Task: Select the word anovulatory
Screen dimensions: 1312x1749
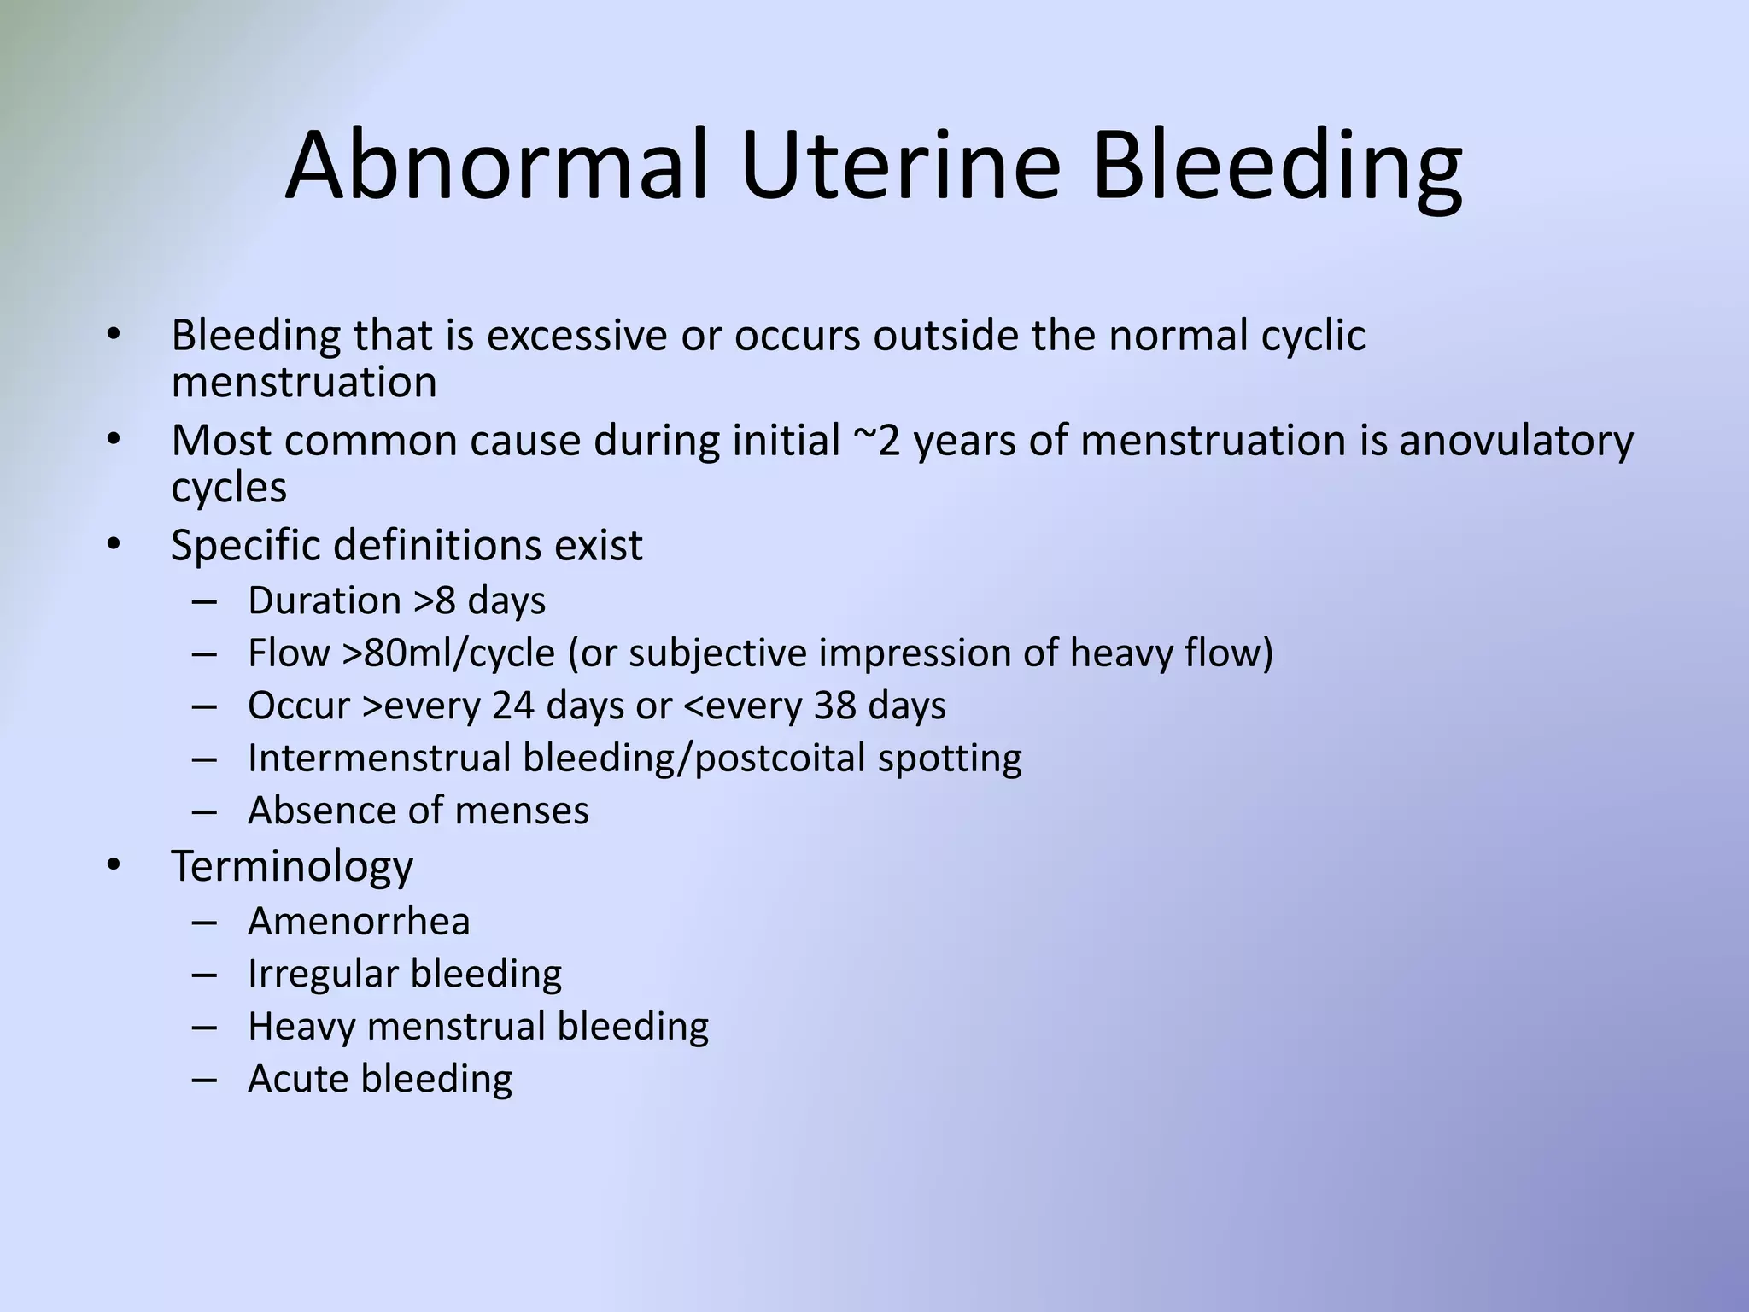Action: [1516, 441]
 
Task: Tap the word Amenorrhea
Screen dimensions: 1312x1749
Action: [359, 921]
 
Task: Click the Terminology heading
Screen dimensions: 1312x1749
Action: [292, 866]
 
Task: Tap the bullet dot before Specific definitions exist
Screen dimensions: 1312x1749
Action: [114, 544]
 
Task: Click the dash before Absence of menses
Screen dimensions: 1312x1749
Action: [204, 811]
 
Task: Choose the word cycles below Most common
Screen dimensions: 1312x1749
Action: [229, 488]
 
